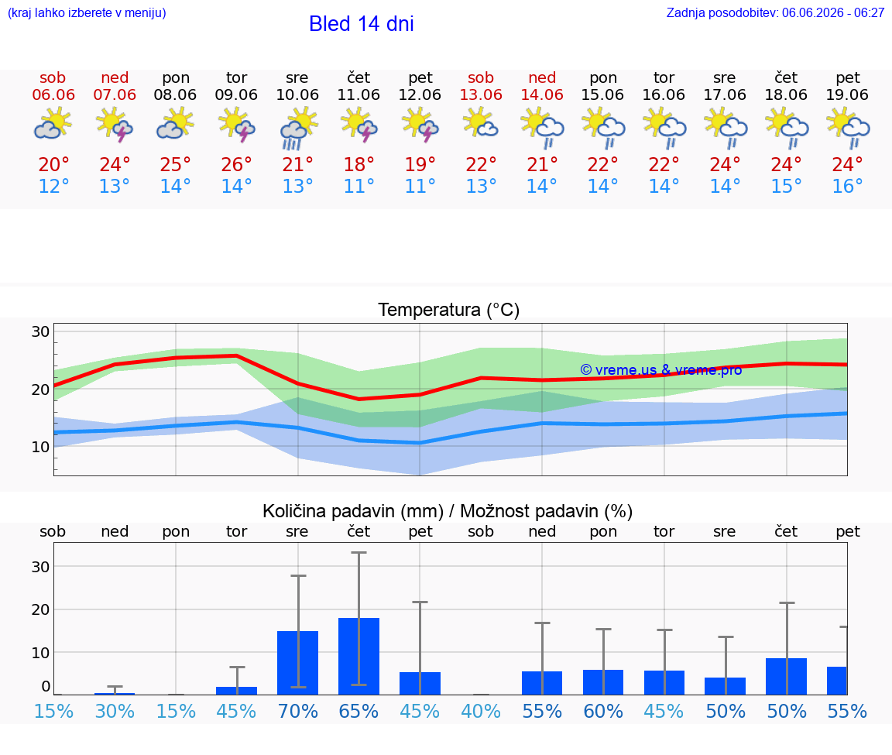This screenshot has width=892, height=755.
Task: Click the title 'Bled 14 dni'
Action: pyautogui.click(x=362, y=24)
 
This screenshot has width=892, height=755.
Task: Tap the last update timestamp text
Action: pyautogui.click(x=775, y=12)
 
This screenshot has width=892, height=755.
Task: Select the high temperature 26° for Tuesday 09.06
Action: pyautogui.click(x=236, y=164)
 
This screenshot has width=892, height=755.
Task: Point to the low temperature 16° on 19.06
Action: pyautogui.click(x=847, y=186)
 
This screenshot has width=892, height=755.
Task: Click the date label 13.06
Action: pyautogui.click(x=481, y=95)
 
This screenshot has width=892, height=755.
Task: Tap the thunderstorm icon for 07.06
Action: pyautogui.click(x=115, y=125)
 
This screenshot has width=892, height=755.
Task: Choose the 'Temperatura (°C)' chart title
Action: pyautogui.click(x=449, y=310)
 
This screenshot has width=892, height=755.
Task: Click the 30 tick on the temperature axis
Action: pyautogui.click(x=40, y=331)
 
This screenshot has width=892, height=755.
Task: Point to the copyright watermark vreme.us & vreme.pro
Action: pyautogui.click(x=661, y=370)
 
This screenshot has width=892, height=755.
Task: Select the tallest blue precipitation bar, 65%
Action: pyautogui.click(x=359, y=656)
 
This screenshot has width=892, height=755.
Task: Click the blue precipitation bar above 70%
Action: pyautogui.click(x=297, y=663)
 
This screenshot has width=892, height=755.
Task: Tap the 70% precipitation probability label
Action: pyautogui.click(x=297, y=711)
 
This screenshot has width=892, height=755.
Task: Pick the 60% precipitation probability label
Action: pyautogui.click(x=603, y=711)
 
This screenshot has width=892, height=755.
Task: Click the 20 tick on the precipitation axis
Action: pyautogui.click(x=40, y=609)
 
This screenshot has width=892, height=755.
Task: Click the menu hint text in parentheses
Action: pyautogui.click(x=87, y=12)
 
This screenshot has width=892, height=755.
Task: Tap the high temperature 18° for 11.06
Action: pyautogui.click(x=359, y=164)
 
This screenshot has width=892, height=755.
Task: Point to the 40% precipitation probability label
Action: pyautogui.click(x=481, y=711)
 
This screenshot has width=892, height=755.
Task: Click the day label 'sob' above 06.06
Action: pyautogui.click(x=53, y=78)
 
